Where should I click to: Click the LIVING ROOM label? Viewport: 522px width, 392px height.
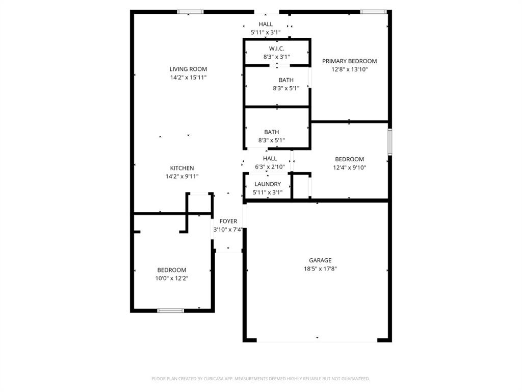coord(188,69)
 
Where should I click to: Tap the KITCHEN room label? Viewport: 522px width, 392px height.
coord(181,168)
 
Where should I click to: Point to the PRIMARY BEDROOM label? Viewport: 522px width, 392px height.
coord(349,61)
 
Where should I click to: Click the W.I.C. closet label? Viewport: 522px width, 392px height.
coord(277,48)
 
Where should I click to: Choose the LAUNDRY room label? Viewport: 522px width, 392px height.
coord(267,184)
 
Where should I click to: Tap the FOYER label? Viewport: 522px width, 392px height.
coord(228,221)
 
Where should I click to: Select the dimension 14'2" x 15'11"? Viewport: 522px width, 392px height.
coord(188,78)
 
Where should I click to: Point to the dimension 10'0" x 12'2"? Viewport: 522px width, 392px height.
coord(171,278)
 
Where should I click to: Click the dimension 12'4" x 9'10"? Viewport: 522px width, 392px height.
coord(349,167)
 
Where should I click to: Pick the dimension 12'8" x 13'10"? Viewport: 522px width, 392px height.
coord(349,69)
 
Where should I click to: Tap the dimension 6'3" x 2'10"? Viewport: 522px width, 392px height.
coord(270,167)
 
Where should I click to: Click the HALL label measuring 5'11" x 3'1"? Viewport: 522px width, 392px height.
coord(265,24)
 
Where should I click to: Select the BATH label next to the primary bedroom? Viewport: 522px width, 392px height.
coord(285,80)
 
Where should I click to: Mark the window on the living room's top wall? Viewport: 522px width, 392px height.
coord(190,12)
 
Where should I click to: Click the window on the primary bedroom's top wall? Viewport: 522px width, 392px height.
coord(373,12)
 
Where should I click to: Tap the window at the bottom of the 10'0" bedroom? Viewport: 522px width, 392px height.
coord(170,310)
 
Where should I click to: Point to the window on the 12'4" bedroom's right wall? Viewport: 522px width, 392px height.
coord(389,141)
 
